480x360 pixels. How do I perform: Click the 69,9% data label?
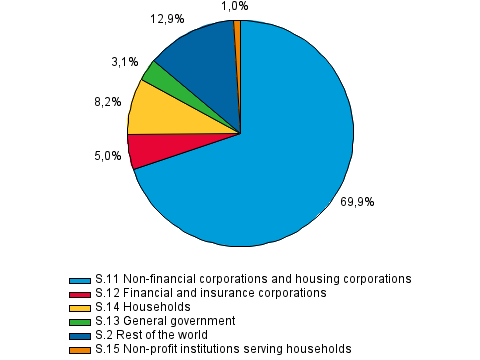click(357, 201)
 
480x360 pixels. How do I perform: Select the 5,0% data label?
click(108, 155)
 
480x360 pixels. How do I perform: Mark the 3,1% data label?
click(125, 62)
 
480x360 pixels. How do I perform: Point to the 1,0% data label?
click(234, 6)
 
